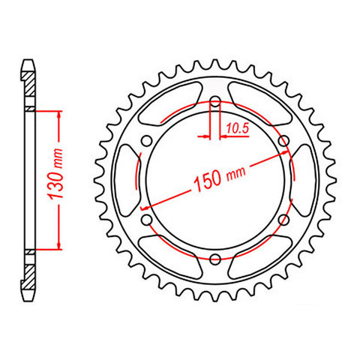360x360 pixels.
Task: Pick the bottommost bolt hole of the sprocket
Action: (215, 259)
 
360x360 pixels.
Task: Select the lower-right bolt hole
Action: (283, 219)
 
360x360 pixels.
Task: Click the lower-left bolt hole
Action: (147, 219)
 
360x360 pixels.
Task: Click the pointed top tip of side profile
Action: (28, 60)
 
